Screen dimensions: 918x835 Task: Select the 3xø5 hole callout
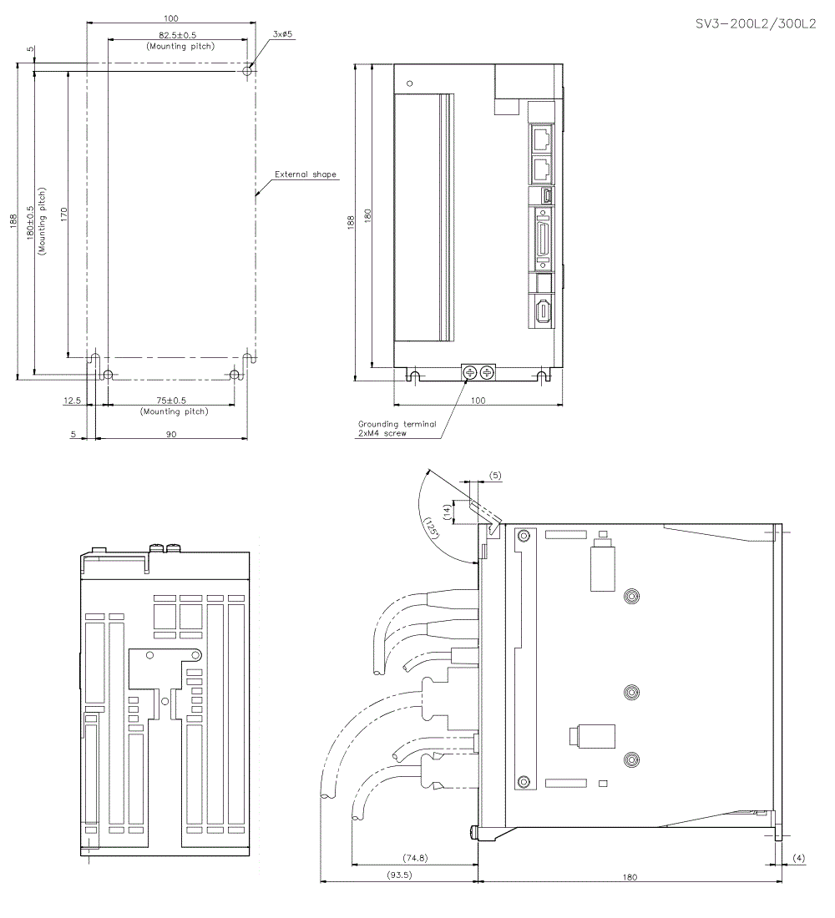click(284, 34)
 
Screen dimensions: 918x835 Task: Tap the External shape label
click(306, 174)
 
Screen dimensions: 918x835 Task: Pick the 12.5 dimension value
click(72, 401)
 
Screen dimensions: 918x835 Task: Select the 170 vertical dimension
click(64, 212)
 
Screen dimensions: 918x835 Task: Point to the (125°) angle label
click(431, 528)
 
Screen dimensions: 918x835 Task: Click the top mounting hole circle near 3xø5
click(246, 72)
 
